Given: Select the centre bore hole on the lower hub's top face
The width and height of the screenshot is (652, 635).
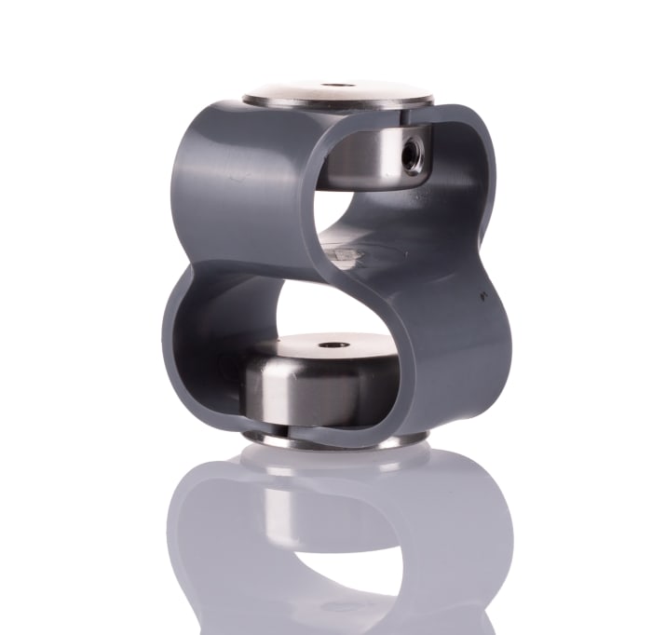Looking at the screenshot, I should pyautogui.click(x=333, y=345).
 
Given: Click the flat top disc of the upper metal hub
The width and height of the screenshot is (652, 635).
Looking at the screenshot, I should pyautogui.click(x=337, y=94).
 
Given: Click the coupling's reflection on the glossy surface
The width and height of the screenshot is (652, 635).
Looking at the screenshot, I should pyautogui.click(x=335, y=540).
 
